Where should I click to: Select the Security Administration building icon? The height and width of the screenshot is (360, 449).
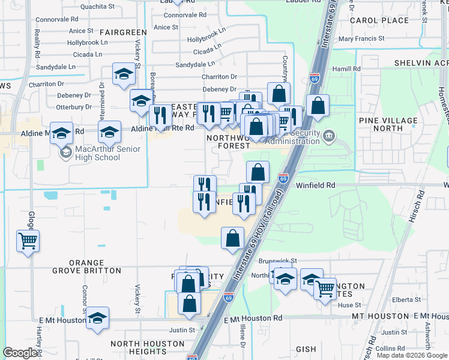pyautogui.click(x=328, y=135)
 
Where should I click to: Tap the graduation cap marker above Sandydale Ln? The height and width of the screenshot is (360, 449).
pyautogui.click(x=124, y=74)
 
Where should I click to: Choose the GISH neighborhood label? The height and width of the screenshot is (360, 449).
pyautogui.click(x=306, y=349)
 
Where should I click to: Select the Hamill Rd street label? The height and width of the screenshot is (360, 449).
pyautogui.click(x=348, y=69)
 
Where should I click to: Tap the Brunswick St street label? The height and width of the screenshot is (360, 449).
pyautogui.click(x=278, y=262)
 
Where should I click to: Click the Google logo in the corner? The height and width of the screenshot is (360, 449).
pyautogui.click(x=20, y=353)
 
